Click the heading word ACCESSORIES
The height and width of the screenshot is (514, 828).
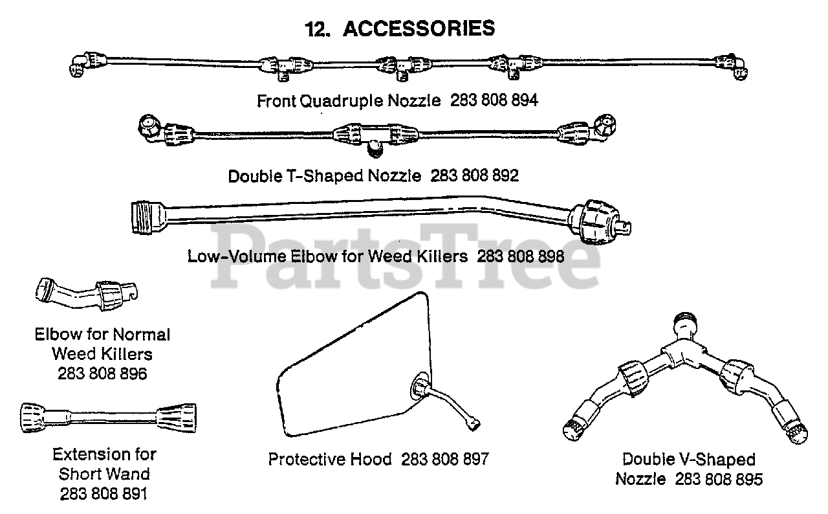point(419,28)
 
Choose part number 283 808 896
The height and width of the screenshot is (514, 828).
point(102,374)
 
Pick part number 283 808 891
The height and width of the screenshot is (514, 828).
point(103,493)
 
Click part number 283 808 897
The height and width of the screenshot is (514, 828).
point(445,460)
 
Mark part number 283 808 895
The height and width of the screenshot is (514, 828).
point(719,479)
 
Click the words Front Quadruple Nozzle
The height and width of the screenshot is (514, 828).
point(349,101)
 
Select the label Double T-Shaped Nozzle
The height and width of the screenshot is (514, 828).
point(325,175)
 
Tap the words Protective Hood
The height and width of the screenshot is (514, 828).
point(330,460)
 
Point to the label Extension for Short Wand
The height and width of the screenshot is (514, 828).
point(104,464)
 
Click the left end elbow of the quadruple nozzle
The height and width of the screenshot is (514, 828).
point(80,65)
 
